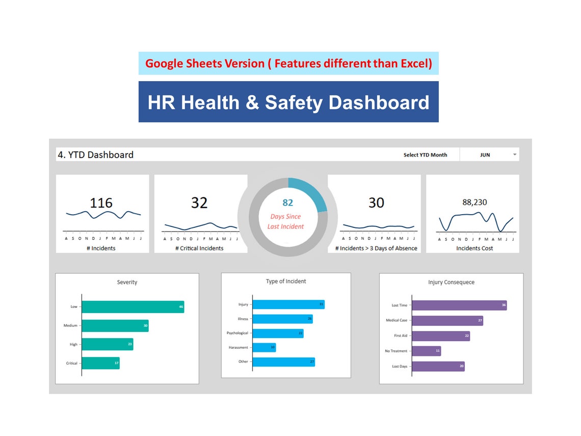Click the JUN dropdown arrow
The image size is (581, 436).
514,155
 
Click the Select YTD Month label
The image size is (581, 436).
425,155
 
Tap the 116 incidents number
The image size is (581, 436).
101,203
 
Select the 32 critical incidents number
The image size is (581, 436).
199,203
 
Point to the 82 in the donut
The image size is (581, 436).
287,203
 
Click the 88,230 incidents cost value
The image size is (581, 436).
474,202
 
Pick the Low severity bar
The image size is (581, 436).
133,307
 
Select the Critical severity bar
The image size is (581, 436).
100,363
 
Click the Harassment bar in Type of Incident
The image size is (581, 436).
264,347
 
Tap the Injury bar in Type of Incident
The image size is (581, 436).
288,304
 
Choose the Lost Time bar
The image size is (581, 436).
459,305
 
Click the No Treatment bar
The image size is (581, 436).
426,351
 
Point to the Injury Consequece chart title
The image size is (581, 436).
451,283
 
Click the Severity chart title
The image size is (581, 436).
127,283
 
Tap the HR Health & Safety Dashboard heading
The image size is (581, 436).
288,102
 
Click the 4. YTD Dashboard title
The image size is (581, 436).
95,155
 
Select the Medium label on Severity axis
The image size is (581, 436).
70,326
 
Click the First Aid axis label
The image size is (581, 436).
401,336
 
